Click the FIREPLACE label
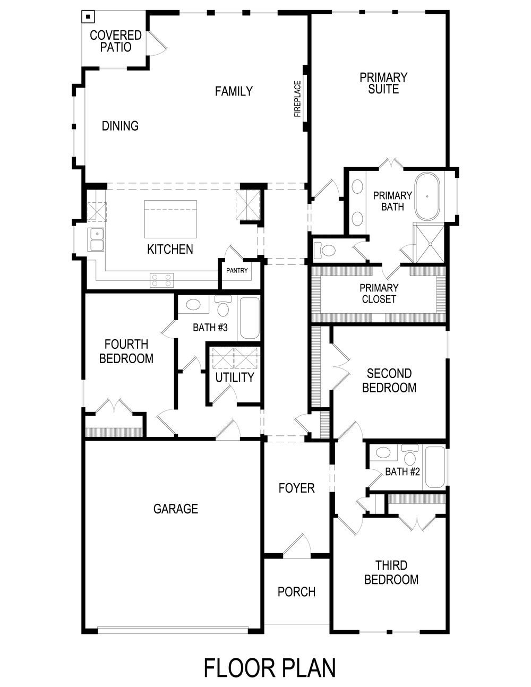297,99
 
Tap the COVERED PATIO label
115,41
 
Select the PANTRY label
237,270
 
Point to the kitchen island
170,220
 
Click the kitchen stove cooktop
161,280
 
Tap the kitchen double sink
96,239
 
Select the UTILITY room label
234,377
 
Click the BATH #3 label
210,328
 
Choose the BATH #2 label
402,471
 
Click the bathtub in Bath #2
435,467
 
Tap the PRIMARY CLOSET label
379,294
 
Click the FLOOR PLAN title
270,668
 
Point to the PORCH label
296,591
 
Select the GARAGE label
176,509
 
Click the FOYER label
296,488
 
